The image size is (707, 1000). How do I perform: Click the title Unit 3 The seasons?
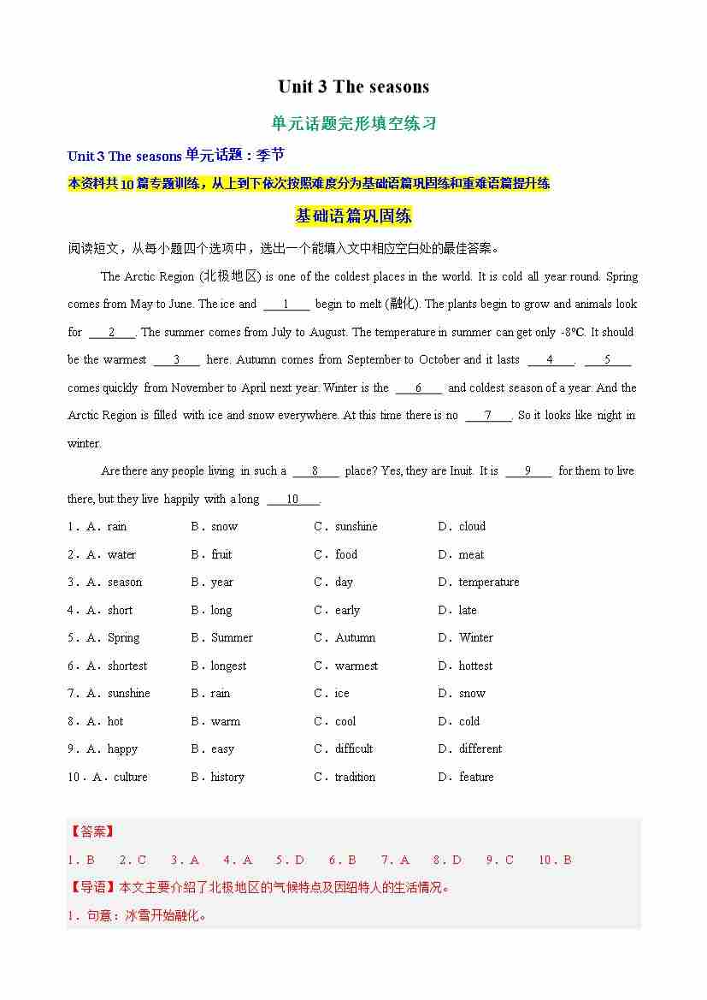353,86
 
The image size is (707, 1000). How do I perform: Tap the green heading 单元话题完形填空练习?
353,123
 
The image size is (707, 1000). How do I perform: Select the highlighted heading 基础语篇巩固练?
353,216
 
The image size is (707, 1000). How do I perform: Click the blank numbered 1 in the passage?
286,305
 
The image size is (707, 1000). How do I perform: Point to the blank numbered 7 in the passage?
488,416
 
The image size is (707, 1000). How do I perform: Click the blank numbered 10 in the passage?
292,500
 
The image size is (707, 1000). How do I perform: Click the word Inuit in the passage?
461,471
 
